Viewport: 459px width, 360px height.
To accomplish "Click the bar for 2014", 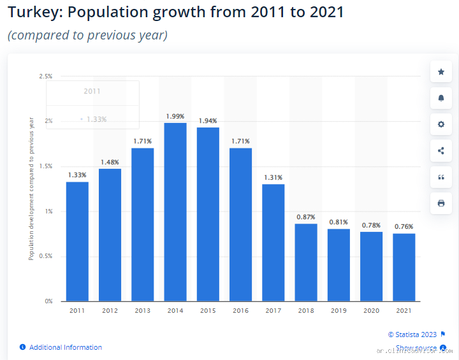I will click(175, 212).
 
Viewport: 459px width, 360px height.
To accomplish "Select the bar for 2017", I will click(273, 242).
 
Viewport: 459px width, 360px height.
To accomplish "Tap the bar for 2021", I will click(404, 267).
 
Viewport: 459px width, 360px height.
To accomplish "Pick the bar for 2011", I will click(77, 241).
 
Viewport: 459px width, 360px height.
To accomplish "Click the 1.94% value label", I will click(208, 120).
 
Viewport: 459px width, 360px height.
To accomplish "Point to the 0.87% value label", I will click(306, 217).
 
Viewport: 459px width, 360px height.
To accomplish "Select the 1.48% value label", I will click(110, 162).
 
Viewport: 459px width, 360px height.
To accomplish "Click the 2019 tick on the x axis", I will click(339, 310).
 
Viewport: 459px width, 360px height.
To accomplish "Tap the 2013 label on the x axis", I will click(142, 310).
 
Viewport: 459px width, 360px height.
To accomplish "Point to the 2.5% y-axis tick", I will click(45, 76).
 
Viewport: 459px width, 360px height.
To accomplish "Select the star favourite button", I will click(441, 72).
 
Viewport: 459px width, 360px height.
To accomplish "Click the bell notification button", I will click(441, 98).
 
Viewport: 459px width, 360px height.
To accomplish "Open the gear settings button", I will click(441, 124).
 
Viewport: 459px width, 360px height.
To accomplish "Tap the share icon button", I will click(441, 151).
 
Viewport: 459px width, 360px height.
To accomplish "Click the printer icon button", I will click(441, 203).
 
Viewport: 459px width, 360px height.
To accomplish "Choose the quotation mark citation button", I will click(441, 177).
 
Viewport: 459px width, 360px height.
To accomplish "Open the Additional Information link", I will click(65, 347).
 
